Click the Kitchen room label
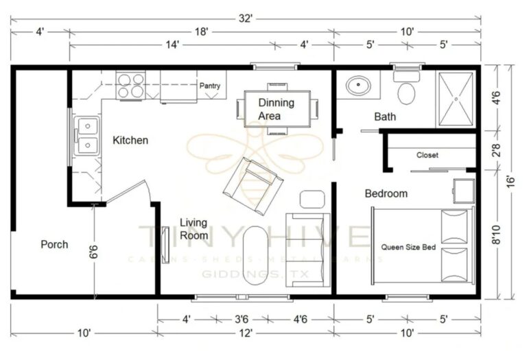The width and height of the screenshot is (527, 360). (x=130, y=140)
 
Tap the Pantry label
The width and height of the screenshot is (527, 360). (x=209, y=86)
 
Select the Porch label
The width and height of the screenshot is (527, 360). (x=54, y=244)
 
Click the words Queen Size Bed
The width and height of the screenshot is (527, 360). (x=408, y=246)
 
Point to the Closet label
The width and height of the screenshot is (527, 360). (x=427, y=155)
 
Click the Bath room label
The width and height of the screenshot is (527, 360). (x=384, y=117)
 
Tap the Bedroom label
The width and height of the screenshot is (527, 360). (x=386, y=193)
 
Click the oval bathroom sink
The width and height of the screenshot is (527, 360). (x=358, y=86)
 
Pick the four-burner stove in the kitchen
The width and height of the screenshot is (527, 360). (x=130, y=85)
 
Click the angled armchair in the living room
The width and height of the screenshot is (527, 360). (x=253, y=181)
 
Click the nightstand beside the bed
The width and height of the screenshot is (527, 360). (x=462, y=191)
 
